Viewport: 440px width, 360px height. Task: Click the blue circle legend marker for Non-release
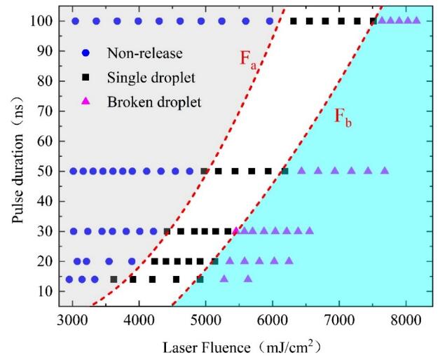pos(85,53)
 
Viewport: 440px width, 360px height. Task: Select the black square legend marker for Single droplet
pos(85,77)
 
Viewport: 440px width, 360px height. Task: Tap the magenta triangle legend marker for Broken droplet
pos(85,102)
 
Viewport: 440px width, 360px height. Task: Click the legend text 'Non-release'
pos(139,53)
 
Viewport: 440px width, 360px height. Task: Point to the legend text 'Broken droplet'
pos(154,102)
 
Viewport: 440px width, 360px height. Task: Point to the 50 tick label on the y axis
pos(47,171)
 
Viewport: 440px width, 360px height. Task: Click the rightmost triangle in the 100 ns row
pos(417,20)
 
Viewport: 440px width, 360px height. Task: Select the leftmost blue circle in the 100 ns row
pos(75,21)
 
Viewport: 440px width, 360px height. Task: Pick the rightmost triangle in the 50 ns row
pos(385,170)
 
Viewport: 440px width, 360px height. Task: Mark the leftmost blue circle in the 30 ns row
pos(74,231)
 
